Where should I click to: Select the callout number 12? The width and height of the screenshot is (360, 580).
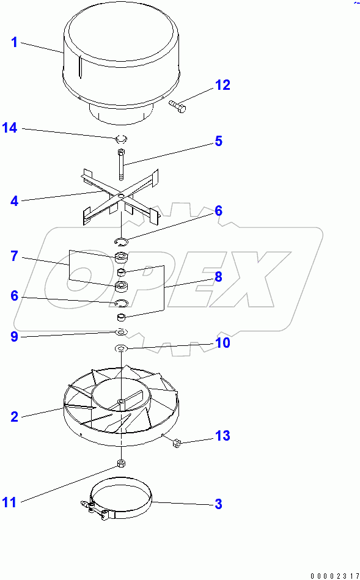coord(222,85)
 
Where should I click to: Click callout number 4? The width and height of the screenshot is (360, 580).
coord(15,200)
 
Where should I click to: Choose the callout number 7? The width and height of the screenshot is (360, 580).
coord(15,256)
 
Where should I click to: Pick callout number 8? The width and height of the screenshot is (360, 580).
coord(218,276)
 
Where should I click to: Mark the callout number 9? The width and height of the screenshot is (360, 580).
coord(15,336)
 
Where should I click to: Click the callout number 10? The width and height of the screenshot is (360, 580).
coord(222,343)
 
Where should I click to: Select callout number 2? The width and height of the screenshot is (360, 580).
coord(15,417)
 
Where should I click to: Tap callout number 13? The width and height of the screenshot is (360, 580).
coord(222,436)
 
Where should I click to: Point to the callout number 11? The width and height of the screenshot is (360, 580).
coord(10,502)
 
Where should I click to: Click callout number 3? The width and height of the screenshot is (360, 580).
coord(218,504)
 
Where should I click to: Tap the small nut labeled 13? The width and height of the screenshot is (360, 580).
coord(177,444)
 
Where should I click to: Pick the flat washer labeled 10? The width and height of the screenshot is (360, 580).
coord(121,348)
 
